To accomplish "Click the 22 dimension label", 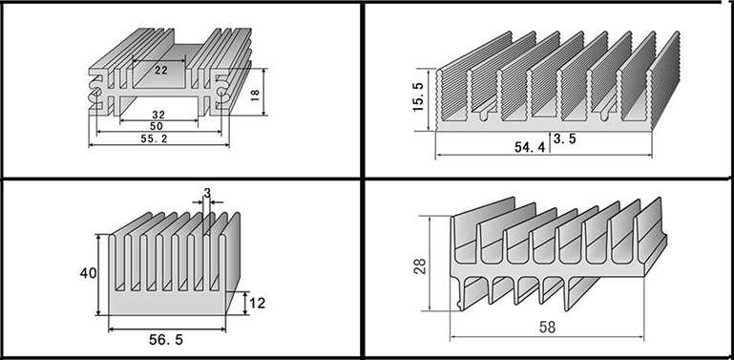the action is [161, 71].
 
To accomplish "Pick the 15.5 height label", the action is [418, 96].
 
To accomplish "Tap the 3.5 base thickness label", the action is [564, 138].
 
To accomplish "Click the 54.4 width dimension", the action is [530, 147].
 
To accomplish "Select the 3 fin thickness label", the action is [207, 192].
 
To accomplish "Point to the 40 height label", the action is [88, 272].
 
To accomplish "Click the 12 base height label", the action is [257, 303].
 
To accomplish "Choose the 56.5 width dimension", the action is [166, 340].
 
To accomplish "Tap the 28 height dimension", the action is [421, 266].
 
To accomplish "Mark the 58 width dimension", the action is [547, 327].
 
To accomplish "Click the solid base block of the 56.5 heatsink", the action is [167, 305].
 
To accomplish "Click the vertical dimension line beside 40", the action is [98, 274].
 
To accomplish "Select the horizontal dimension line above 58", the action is [547, 337].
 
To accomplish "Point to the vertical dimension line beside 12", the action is [245, 303].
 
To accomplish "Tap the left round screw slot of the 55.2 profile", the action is [94, 93].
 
